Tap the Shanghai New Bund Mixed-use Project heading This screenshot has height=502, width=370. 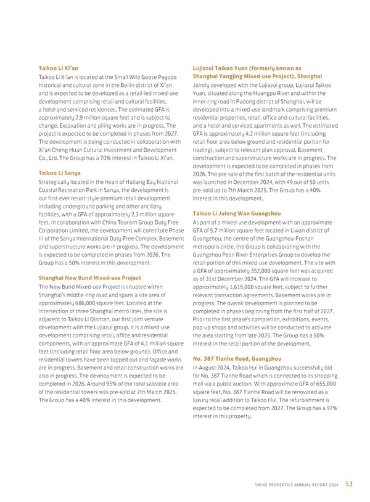click(89, 278)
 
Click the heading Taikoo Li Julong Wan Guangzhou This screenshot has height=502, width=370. click(236, 213)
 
